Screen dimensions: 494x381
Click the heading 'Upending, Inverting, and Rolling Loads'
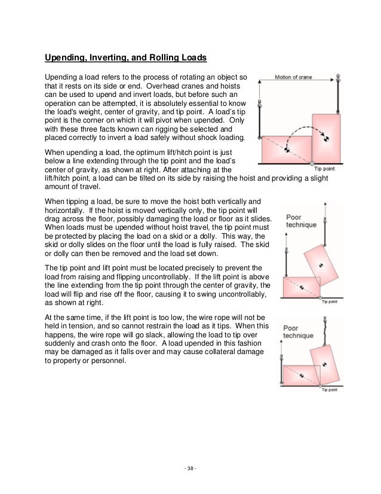point(126,58)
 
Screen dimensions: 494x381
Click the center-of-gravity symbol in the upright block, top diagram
point(326,139)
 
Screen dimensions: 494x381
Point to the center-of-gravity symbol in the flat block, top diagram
point(286,150)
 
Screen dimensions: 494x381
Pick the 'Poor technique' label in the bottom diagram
point(298,333)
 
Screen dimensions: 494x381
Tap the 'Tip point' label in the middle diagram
point(330,301)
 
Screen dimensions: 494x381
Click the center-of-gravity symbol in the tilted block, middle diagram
point(320,264)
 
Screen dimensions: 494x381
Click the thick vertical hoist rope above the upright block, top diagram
point(338,97)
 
